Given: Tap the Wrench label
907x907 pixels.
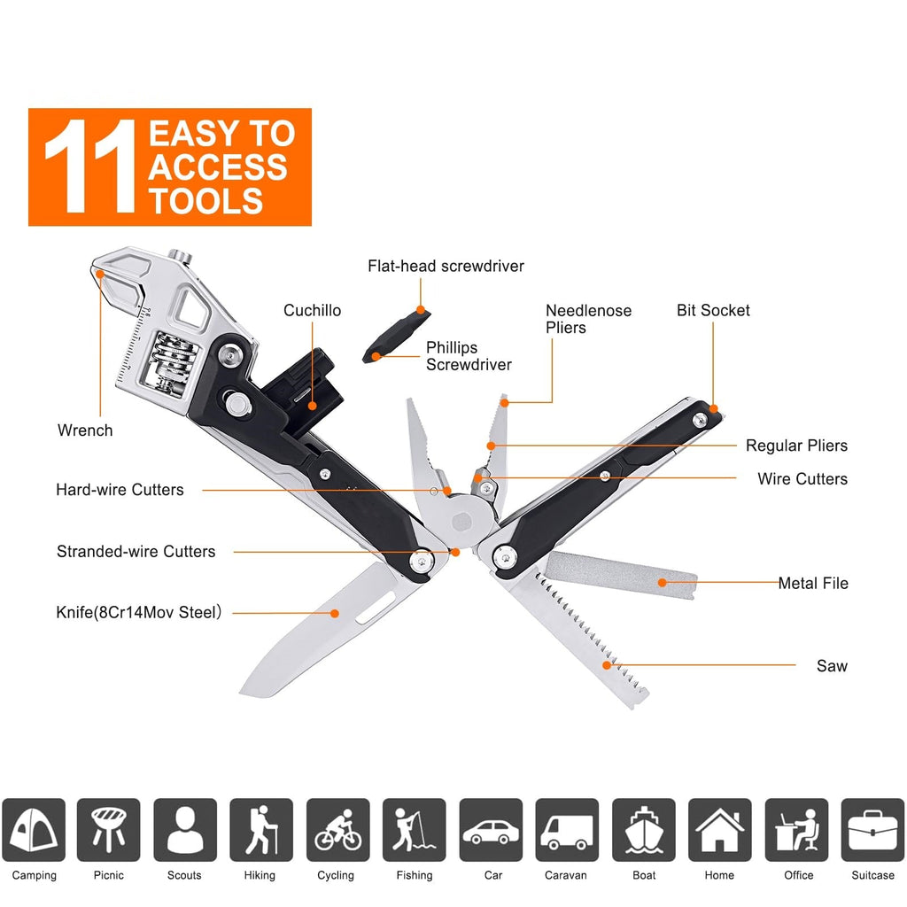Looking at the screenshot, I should pos(85,430).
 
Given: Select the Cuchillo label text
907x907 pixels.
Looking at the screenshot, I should pos(312,311).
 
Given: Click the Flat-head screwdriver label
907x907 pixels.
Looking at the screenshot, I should pos(446,267).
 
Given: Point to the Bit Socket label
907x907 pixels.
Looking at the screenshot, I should pos(713,311).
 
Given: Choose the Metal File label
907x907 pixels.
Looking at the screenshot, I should pos(813,583).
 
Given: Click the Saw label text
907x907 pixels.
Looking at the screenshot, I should pos(832,666).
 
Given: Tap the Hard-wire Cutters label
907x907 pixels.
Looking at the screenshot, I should pos(120,490).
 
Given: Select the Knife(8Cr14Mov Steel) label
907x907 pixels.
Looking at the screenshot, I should pos(138,612).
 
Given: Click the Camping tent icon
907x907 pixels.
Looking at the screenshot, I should pos(34,830).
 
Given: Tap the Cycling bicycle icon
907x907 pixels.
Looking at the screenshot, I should pos(337,830).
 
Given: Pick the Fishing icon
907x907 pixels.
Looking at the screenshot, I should pos(414,830).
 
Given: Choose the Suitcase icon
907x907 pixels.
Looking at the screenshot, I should pos(872,830).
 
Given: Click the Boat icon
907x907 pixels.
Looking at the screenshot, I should pos(643,830).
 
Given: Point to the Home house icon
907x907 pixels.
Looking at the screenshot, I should pos(719,830).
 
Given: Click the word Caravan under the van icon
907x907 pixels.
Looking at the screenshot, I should pos(565,875).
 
